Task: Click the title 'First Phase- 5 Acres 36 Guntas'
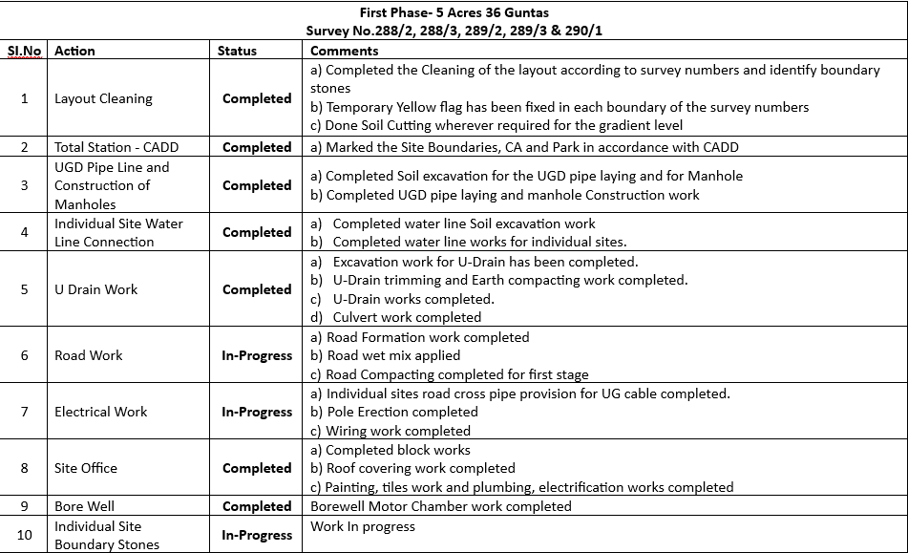454,12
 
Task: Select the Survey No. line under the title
454,31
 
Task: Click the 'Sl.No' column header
25,51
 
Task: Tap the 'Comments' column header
344,51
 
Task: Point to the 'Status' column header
237,51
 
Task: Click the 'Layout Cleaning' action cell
103,98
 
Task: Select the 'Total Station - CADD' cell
116,147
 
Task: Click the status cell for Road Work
257,355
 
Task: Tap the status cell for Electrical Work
257,412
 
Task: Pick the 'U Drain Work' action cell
95,289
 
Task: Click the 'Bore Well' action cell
84,506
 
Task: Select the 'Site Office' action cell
86,468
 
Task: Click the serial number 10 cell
25,535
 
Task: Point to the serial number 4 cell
25,232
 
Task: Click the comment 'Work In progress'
363,526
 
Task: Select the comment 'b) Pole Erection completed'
402,412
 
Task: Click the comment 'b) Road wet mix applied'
392,355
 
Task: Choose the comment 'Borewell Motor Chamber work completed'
441,506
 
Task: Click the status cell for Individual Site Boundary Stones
257,535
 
